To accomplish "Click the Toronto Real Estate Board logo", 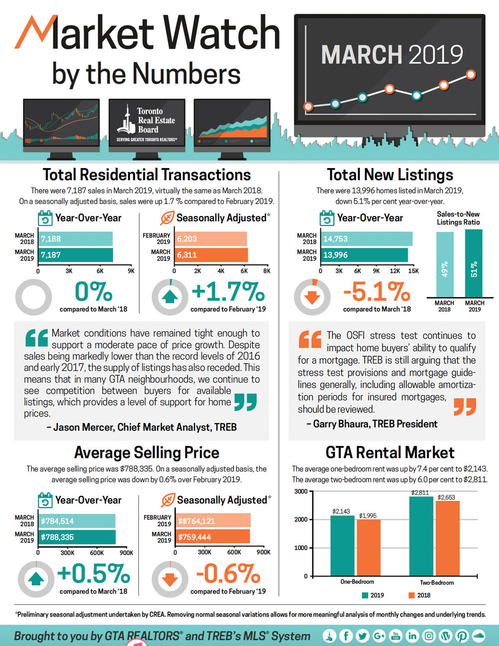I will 146,125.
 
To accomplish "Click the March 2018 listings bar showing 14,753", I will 366,239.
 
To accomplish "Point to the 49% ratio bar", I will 445,265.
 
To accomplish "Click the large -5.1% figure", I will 377,292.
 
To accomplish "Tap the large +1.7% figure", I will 228,292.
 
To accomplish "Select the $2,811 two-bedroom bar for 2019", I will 421,536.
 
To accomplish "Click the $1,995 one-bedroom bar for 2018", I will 368,547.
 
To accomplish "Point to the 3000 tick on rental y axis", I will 301,491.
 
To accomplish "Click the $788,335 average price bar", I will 77,537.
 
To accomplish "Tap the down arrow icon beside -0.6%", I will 170,579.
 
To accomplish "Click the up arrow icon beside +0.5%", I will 36,579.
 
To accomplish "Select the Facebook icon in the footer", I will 346,636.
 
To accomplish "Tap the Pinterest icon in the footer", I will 462,636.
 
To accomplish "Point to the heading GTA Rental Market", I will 390,452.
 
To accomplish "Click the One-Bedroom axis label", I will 357,582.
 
